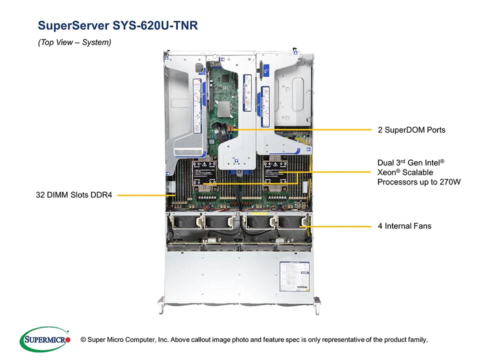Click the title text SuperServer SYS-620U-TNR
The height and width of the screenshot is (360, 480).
(x=118, y=25)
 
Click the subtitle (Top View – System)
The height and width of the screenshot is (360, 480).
(x=74, y=42)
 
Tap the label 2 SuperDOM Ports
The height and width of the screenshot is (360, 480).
(x=411, y=130)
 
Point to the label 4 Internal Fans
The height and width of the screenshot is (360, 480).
(x=404, y=226)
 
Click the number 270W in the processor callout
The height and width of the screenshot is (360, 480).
(x=448, y=181)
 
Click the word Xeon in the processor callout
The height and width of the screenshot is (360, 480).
(x=388, y=172)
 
